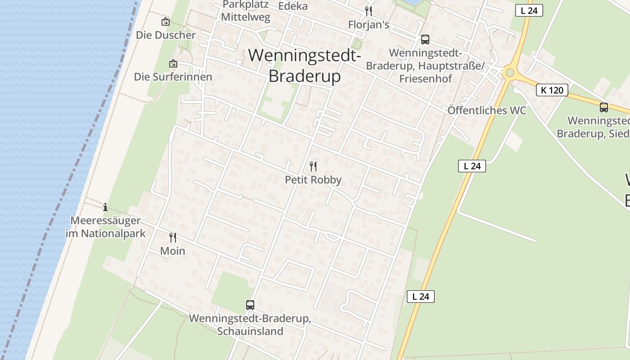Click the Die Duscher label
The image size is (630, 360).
point(166,35)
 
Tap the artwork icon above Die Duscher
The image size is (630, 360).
point(166,21)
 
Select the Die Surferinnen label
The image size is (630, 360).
point(173,77)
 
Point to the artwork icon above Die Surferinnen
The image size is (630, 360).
point(173,64)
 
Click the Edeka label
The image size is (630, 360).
point(293,6)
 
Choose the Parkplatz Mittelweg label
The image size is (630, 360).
point(246,11)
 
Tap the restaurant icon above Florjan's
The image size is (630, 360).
point(369,11)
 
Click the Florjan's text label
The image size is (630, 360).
point(369,25)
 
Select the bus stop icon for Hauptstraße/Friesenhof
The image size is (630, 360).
point(425,40)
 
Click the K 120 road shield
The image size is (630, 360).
point(552,90)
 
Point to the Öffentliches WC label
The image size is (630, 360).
point(486,111)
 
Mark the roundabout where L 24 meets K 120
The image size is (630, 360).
point(509,72)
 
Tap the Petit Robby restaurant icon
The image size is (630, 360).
point(313,166)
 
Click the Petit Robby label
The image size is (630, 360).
point(313,180)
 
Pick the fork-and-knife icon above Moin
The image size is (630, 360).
point(173,237)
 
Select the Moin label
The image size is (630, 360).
point(173,251)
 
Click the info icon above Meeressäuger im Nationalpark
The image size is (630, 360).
point(105,207)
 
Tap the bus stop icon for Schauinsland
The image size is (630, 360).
point(250,305)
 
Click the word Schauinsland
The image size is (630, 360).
point(250,332)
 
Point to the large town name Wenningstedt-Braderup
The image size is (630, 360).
point(305,66)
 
